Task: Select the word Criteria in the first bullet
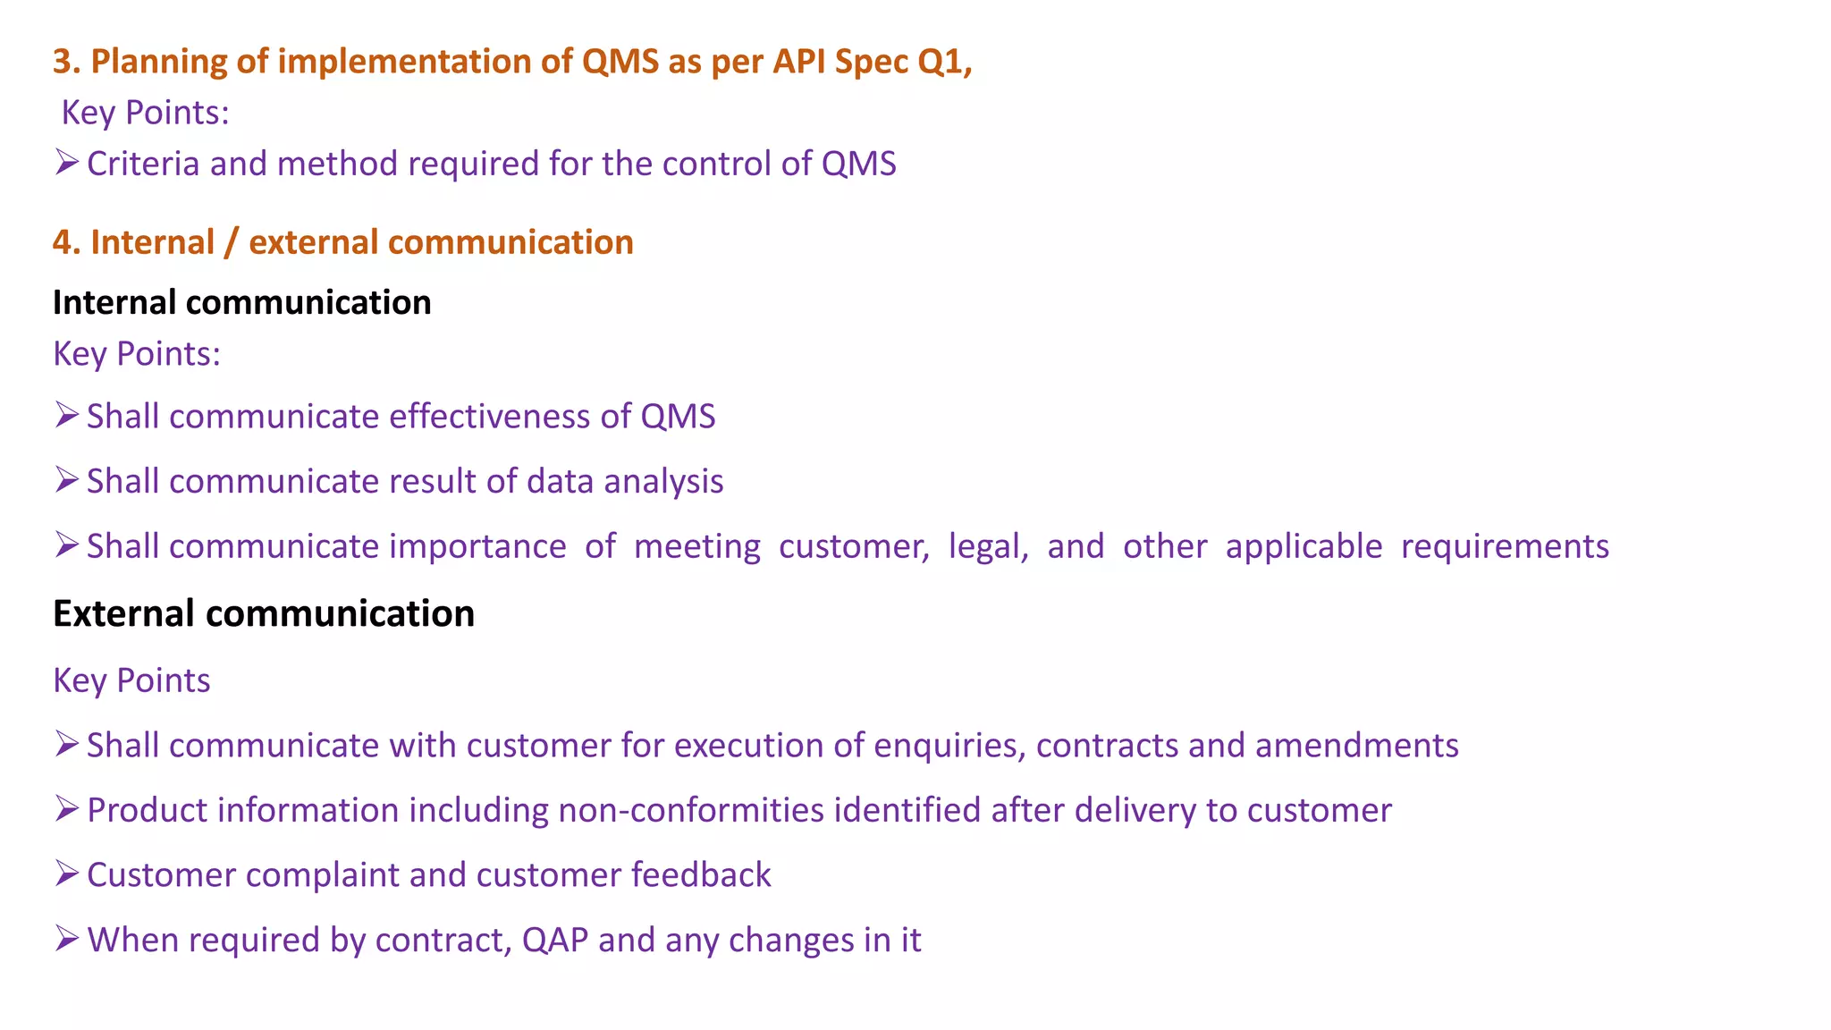143,164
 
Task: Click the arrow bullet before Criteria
66,163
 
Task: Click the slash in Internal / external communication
232,242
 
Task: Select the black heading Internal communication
241,302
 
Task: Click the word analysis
663,482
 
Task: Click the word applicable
1304,546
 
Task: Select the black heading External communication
264,613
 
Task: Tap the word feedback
701,875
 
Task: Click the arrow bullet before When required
66,939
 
